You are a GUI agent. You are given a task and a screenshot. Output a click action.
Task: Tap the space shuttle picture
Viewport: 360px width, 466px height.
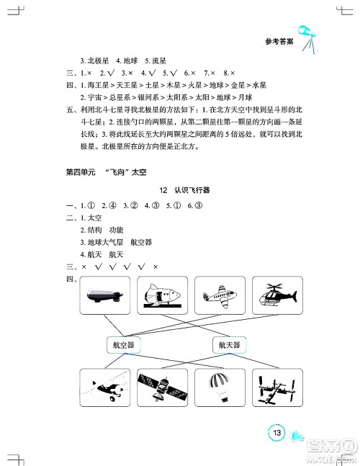point(161,297)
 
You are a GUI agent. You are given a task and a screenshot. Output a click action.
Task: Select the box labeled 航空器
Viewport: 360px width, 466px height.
point(124,344)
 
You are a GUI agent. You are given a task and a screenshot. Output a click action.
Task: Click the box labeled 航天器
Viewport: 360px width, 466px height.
point(230,344)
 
